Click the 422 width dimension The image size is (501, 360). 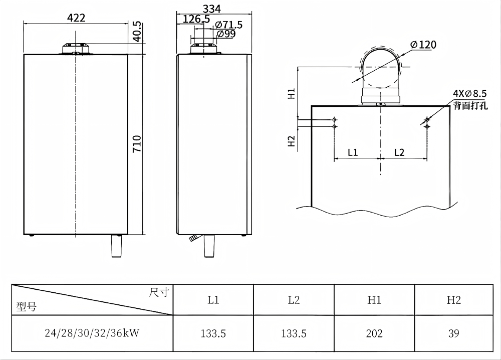[x=76, y=18]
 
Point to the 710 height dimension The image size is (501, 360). [x=137, y=143]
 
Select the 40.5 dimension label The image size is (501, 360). [x=137, y=31]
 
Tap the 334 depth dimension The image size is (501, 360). [x=212, y=9]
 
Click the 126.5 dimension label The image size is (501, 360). [x=196, y=19]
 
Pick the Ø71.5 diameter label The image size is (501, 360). [x=228, y=25]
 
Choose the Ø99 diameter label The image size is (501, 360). [x=226, y=34]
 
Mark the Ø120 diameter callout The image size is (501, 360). [x=423, y=45]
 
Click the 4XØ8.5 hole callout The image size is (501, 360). [x=470, y=93]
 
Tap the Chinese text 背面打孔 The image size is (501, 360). [x=470, y=105]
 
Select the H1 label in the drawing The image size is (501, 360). [x=291, y=94]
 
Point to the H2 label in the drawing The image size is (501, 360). [x=291, y=141]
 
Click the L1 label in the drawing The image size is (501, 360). [x=353, y=152]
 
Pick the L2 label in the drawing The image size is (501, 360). [x=399, y=152]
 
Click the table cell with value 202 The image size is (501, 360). [x=374, y=333]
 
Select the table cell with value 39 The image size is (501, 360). [x=454, y=333]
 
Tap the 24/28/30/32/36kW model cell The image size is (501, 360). [x=92, y=333]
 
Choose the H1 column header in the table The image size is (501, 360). [x=374, y=300]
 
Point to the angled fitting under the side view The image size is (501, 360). [x=193, y=238]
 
